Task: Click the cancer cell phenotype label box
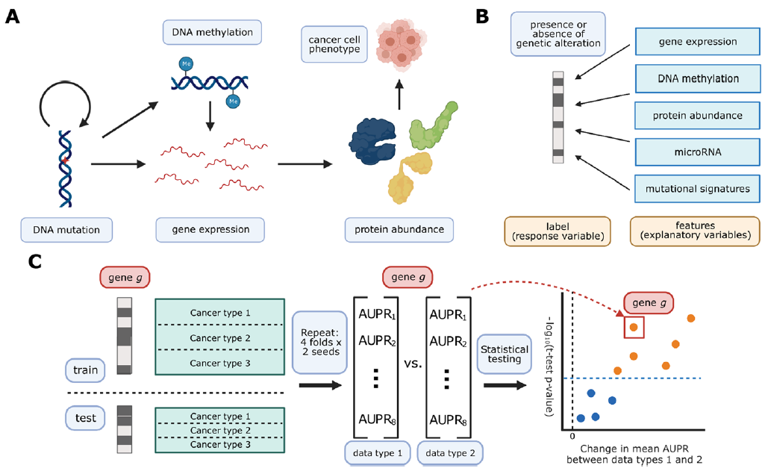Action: coord(334,43)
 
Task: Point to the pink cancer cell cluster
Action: coord(403,44)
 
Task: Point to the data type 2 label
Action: coord(450,453)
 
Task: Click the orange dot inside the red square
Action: coord(633,326)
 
